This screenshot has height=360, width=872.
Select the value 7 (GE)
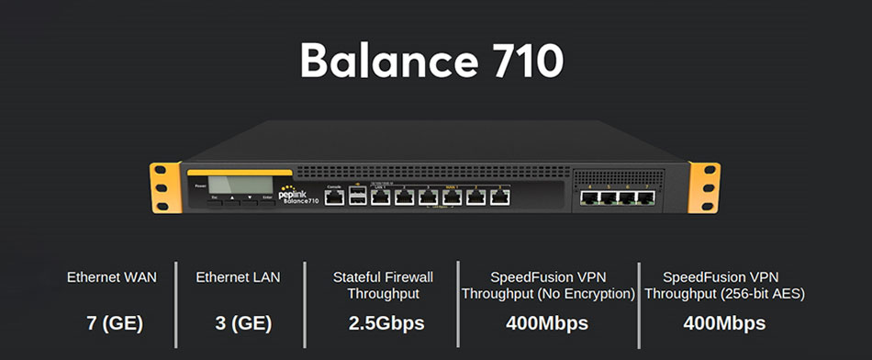coord(113,323)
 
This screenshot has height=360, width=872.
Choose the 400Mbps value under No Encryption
coord(547,323)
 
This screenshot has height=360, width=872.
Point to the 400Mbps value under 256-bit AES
coord(724,323)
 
